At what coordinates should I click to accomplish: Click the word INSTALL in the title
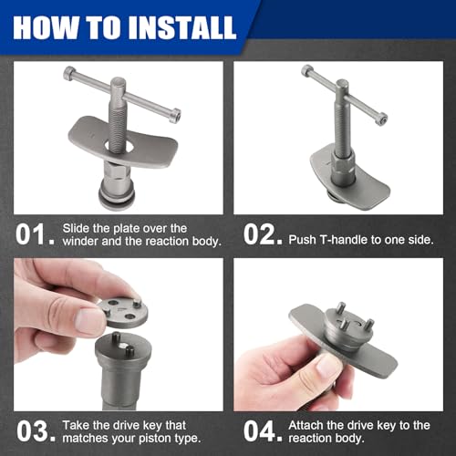click(x=182, y=27)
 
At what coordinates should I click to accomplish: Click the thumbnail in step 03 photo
click(x=88, y=321)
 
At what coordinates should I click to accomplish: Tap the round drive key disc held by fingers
click(x=123, y=313)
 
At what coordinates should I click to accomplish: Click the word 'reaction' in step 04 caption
click(x=308, y=439)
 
